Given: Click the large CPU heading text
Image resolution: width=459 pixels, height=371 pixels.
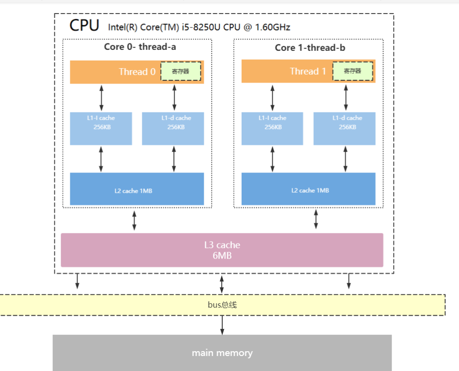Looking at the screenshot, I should point(84,25).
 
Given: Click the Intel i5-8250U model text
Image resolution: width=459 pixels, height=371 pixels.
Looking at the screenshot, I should point(199,27).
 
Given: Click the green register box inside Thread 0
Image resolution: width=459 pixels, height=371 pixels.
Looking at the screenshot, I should point(181,71).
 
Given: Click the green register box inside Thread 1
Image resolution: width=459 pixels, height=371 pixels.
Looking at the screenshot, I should point(352,71).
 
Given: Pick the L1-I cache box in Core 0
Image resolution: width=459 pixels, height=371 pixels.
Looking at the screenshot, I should point(101,128).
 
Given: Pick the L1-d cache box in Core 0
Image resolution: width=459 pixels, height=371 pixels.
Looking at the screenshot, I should point(173,128).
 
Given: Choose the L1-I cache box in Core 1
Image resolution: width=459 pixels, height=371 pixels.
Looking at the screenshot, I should point(272,128).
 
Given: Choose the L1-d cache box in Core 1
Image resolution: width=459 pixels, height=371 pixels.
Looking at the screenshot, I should point(344,128).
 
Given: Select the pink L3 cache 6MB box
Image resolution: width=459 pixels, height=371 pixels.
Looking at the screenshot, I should point(222,250).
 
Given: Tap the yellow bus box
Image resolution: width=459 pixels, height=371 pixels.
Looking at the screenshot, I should point(222,305).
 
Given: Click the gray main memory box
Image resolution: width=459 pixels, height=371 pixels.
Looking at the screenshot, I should point(222,353).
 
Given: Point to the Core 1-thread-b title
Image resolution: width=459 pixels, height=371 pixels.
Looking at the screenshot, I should point(310,47).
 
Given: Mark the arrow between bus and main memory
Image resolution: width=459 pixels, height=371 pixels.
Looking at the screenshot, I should point(222,325).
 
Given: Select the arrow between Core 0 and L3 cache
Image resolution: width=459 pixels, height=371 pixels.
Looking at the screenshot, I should point(135,220).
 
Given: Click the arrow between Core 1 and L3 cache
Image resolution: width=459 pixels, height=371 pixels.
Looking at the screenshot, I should point(316,219).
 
